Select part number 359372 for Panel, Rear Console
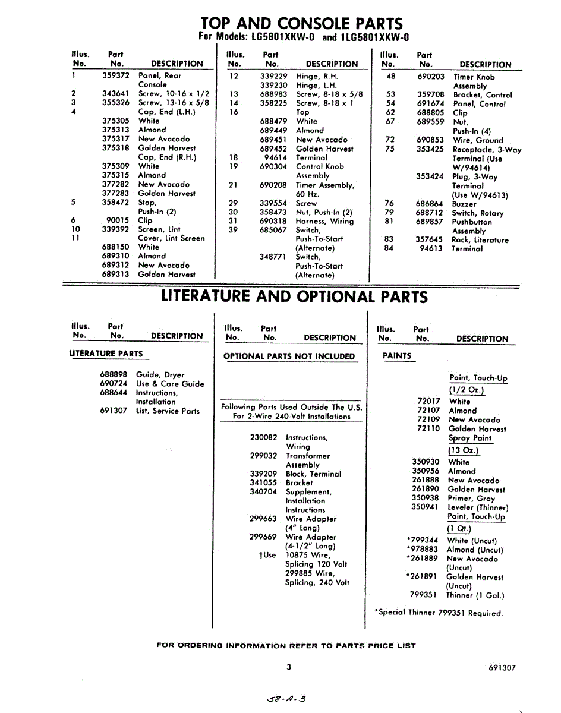(115, 76)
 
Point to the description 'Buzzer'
(464, 204)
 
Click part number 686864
(429, 204)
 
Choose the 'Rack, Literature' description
(480, 240)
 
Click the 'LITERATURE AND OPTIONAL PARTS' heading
(294, 296)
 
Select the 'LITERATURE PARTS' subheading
(106, 354)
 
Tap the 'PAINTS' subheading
(397, 356)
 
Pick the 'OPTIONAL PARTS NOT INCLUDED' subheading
(289, 356)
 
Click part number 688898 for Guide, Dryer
(114, 375)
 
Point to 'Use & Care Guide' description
(170, 384)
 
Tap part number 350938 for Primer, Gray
(425, 499)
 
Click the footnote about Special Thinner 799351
(439, 613)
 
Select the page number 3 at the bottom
(289, 667)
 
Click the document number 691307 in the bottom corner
(502, 667)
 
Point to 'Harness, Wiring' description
(324, 221)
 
